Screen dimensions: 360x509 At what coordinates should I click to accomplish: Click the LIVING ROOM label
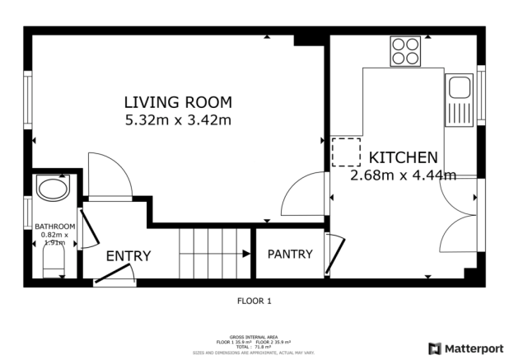[x=178, y=103]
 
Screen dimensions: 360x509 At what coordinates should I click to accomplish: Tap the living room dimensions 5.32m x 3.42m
[x=178, y=120]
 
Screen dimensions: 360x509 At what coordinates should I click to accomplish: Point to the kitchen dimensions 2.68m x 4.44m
[x=403, y=175]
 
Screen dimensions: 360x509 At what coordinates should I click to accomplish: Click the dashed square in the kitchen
[x=347, y=152]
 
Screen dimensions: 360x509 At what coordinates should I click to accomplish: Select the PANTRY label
[x=291, y=254]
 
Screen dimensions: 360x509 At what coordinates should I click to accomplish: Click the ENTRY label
[x=128, y=256]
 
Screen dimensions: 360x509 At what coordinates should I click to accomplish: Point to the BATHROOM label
[x=55, y=227]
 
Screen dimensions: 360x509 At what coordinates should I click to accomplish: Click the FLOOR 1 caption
[x=254, y=301]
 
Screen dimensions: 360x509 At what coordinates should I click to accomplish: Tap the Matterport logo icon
[x=435, y=348]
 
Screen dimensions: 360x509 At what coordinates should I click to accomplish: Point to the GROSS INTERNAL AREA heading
[x=254, y=337]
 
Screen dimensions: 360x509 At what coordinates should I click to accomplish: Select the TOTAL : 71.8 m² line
[x=254, y=346]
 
